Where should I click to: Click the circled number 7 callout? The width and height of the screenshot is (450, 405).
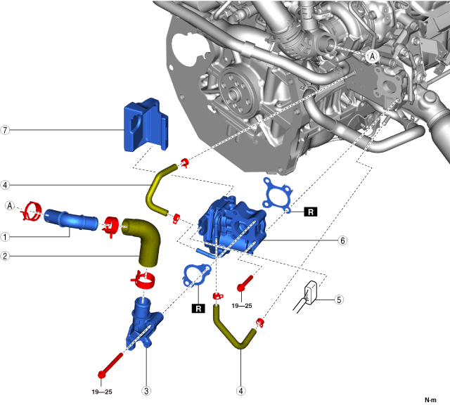click(x=5, y=130)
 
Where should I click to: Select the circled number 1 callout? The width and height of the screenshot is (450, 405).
click(x=5, y=237)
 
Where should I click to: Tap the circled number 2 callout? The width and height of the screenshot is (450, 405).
click(x=5, y=257)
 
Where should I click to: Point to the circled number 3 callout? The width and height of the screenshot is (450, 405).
click(x=146, y=391)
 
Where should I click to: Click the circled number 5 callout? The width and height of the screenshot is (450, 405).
click(x=339, y=300)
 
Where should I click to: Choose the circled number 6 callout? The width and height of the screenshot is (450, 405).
click(x=342, y=240)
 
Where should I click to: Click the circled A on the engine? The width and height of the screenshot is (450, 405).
click(x=373, y=56)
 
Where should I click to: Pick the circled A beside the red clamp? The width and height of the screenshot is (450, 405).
click(x=10, y=205)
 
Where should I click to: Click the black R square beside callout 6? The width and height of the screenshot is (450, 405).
click(x=310, y=211)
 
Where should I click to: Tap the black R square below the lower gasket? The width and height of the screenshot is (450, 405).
click(x=199, y=307)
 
